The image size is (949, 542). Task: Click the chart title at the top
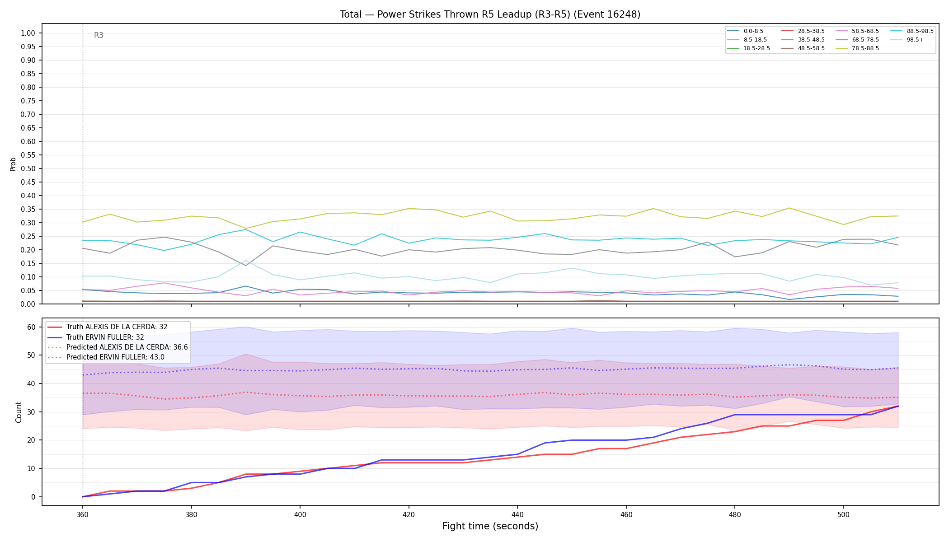point(490,14)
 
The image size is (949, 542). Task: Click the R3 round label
point(99,35)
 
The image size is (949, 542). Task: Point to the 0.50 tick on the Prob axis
point(28,168)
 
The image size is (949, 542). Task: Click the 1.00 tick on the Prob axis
point(28,33)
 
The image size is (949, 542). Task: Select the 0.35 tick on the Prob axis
point(28,209)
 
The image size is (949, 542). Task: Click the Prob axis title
point(13,164)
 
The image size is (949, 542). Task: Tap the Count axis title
point(19,412)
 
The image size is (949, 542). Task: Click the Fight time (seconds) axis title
point(490,526)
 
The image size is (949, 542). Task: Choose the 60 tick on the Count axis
point(31,327)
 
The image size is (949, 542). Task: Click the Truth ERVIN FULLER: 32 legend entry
point(105,337)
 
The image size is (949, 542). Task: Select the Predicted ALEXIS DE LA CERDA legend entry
point(118,347)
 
